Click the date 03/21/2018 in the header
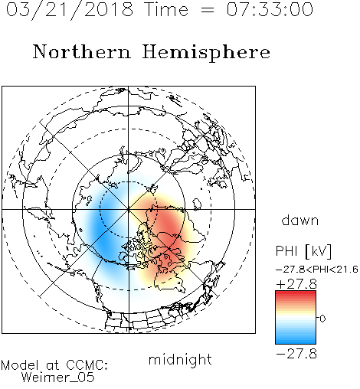tap(70, 9)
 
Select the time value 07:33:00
tap(270, 9)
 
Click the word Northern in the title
tap(82, 51)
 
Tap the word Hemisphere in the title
tap(206, 53)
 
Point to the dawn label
tap(300, 221)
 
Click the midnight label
tap(180, 360)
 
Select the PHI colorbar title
tap(286, 251)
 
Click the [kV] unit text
tap(319, 251)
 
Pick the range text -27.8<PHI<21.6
tap(317, 270)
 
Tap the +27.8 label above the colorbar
tap(296, 284)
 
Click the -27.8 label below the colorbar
tap(296, 354)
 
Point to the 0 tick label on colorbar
tap(322, 319)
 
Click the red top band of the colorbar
tap(296, 294)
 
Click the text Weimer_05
tap(57, 378)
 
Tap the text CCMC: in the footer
tap(87, 365)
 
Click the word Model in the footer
tap(20, 365)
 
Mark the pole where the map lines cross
tap(128, 209)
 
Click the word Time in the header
tap(166, 9)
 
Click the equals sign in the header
tap(208, 10)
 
